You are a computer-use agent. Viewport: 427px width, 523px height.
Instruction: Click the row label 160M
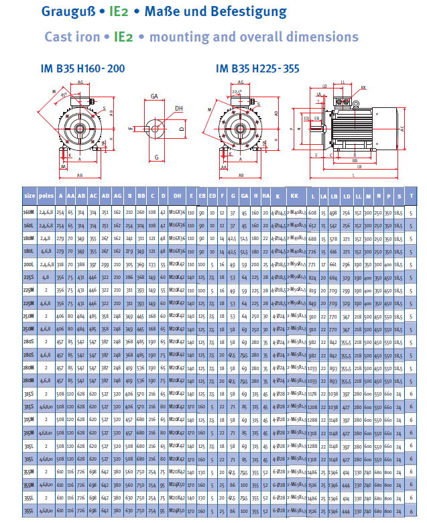(x=29, y=212)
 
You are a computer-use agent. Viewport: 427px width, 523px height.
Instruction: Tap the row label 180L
(x=29, y=251)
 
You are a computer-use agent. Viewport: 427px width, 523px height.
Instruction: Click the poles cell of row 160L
(x=46, y=225)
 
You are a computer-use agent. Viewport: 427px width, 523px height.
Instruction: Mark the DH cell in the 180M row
(x=178, y=238)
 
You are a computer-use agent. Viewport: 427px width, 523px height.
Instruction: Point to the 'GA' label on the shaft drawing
(x=154, y=97)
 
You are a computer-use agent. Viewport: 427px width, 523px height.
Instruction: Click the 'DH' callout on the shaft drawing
(x=178, y=108)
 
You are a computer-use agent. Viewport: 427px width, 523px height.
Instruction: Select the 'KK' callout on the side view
(x=363, y=87)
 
